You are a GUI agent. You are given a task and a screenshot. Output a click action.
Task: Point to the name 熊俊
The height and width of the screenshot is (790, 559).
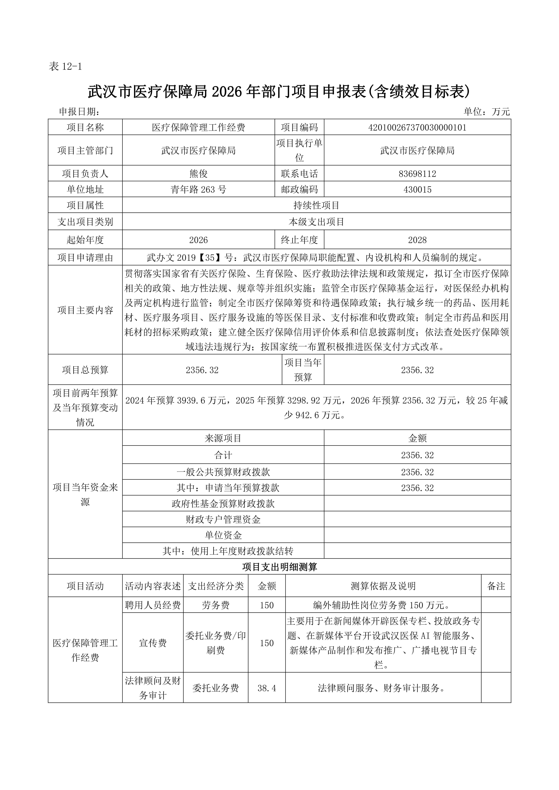[x=199, y=174]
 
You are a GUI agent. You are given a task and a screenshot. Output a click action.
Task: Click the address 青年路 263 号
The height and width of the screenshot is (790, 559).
[x=199, y=190]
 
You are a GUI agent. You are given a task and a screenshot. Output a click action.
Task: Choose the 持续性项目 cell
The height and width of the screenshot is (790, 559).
[x=316, y=205]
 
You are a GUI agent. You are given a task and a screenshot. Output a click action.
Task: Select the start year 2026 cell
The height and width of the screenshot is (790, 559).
[x=199, y=240]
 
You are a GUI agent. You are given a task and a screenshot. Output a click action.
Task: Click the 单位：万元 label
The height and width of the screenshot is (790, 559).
[x=486, y=112]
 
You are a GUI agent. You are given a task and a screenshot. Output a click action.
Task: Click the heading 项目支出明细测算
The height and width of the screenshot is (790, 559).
[x=279, y=567]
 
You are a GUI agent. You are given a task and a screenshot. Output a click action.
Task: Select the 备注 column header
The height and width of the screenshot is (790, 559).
[x=496, y=586]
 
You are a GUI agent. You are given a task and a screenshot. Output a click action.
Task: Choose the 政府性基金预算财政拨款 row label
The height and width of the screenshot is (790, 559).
[x=223, y=504]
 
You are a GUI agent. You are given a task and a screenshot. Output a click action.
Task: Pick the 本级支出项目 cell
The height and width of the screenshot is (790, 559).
[x=316, y=222]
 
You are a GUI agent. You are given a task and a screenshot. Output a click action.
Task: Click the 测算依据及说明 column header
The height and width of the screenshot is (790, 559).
[x=383, y=586]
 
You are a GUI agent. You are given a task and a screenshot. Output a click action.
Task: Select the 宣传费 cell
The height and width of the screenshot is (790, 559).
[x=153, y=643]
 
